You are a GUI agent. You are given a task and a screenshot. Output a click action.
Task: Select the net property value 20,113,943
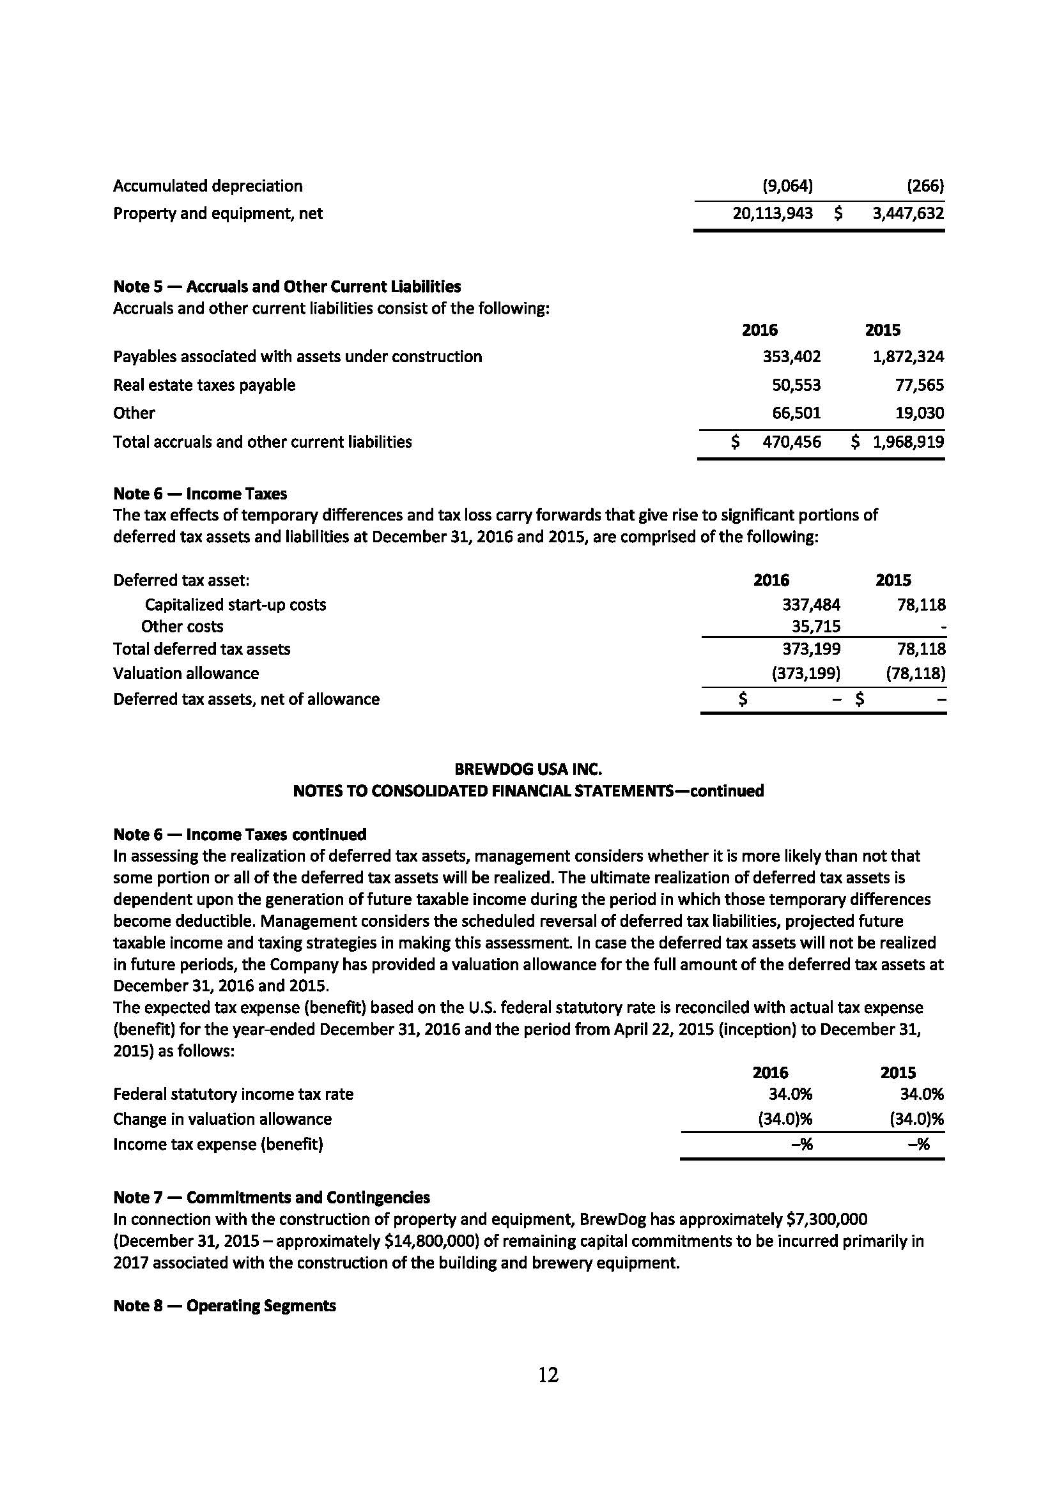772,213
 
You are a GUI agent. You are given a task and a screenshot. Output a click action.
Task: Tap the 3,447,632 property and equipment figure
907,213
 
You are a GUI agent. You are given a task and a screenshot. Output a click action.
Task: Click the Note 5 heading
287,286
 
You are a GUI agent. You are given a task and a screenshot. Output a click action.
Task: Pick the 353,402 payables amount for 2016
791,356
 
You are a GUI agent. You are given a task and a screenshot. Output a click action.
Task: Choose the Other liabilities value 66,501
796,413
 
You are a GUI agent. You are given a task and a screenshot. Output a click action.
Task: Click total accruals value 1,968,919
907,442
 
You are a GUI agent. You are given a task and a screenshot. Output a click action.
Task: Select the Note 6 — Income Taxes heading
200,493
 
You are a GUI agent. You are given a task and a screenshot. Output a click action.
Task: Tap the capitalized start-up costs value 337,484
810,604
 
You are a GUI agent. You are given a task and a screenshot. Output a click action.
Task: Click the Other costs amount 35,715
815,627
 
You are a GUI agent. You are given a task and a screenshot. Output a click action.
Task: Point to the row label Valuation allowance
186,673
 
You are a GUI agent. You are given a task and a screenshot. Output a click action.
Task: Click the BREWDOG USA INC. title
528,769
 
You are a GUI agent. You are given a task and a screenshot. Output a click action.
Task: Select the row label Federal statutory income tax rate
233,1095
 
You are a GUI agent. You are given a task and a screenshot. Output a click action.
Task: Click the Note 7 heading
272,1197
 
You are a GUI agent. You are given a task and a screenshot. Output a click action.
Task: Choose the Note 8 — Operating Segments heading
224,1306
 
